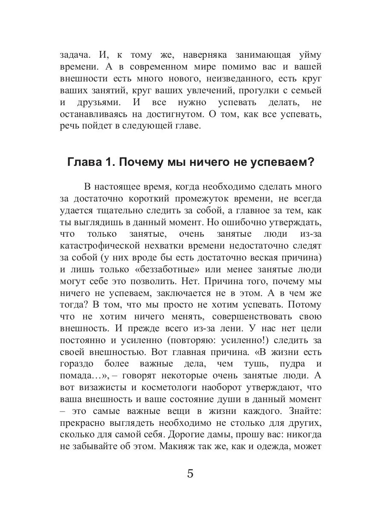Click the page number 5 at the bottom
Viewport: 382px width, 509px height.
[190, 473]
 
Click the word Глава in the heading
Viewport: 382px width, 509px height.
[83, 162]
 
